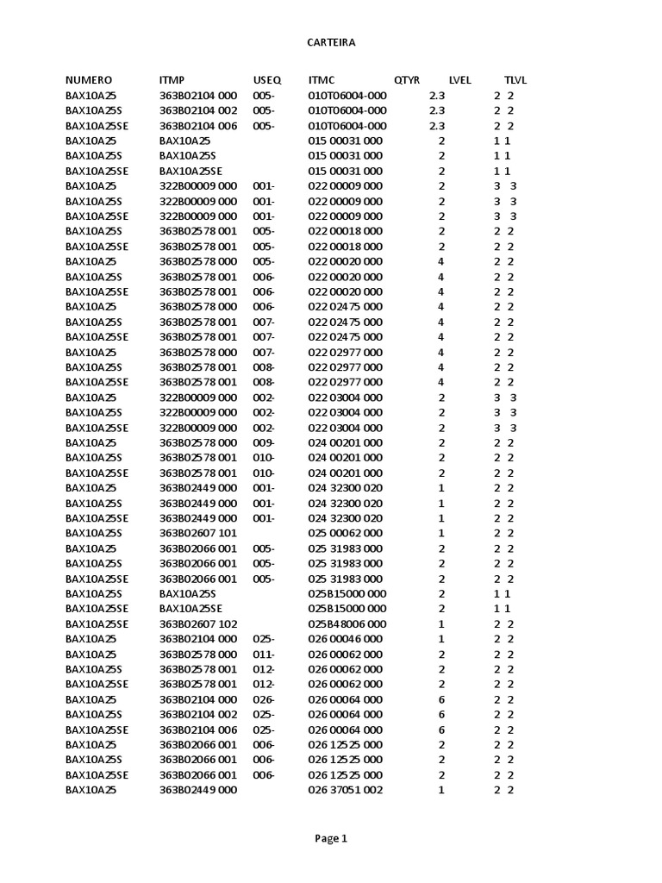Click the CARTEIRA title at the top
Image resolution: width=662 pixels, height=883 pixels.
[x=331, y=41]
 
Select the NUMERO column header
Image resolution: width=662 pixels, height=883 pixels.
[x=89, y=80]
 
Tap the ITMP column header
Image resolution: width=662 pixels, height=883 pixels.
[x=172, y=80]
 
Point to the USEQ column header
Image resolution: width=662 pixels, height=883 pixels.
[x=267, y=80]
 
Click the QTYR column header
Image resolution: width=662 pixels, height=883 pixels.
[x=407, y=80]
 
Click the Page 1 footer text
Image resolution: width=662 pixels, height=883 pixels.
[x=331, y=837]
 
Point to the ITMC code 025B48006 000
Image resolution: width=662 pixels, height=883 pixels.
[x=347, y=623]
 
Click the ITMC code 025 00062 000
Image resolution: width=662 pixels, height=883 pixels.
[x=346, y=533]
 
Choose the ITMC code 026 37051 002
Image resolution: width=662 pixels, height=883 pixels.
[x=346, y=790]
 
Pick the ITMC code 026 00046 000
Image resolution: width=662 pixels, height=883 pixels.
[x=346, y=639]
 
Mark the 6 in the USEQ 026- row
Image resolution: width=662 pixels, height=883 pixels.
[x=441, y=699]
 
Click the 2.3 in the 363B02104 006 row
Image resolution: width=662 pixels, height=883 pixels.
[x=437, y=125]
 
